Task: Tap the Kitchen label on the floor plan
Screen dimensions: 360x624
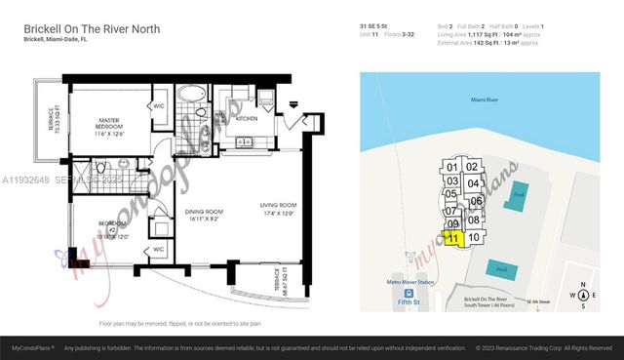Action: click(246, 118)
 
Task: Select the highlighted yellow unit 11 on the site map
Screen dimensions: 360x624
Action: click(452, 238)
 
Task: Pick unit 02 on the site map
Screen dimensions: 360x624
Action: click(472, 167)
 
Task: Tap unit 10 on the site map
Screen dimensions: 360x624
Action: click(474, 237)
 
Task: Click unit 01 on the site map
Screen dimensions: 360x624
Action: click(451, 167)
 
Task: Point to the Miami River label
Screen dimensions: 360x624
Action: click(489, 100)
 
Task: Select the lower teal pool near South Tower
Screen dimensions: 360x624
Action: click(501, 268)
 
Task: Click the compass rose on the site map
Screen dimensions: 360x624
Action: click(583, 295)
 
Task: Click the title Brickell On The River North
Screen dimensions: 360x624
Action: click(92, 30)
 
